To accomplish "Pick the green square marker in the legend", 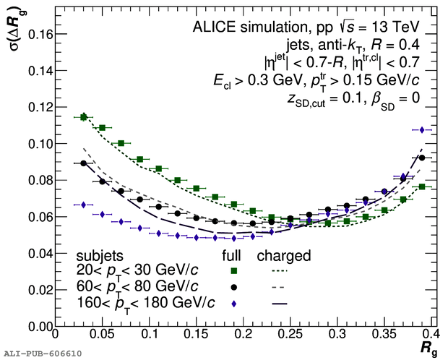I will [233, 271].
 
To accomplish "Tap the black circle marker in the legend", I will [233, 287].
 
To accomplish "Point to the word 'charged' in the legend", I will [284, 256].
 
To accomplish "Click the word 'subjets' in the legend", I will [99, 256].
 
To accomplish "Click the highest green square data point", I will [83, 117].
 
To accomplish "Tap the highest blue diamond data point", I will [422, 129].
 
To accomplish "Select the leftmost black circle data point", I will [83, 163].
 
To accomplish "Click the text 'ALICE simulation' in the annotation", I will [243, 27].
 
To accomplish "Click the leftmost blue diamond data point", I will [83, 205].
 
